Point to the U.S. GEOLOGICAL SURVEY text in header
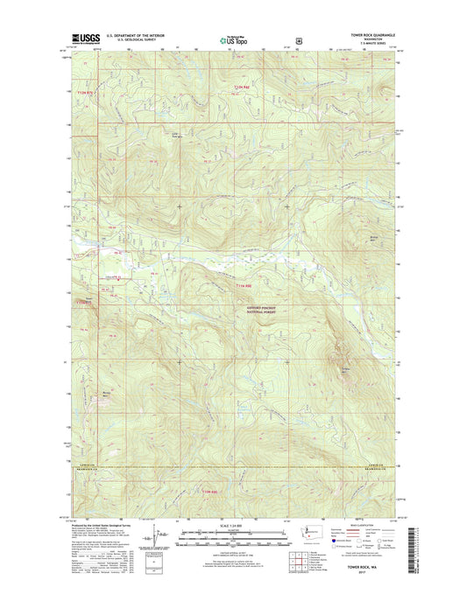point(131,41)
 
